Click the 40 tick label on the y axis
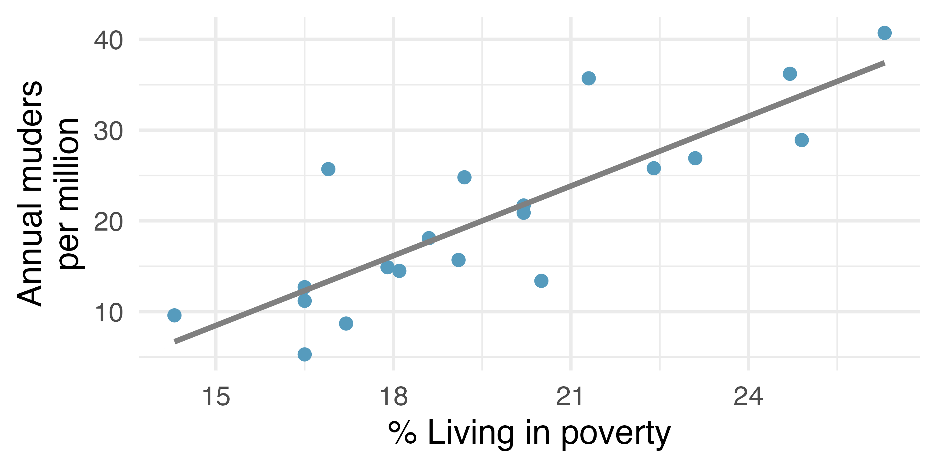tap(108, 40)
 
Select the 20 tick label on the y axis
tap(108, 222)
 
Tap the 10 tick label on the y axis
tap(108, 313)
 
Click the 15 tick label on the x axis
tap(216, 397)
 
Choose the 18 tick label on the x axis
tap(394, 397)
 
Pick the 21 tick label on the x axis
tap(570, 397)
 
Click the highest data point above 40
tap(885, 33)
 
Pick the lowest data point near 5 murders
tap(305, 354)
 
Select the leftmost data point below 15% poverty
tap(174, 315)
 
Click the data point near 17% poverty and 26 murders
tap(328, 169)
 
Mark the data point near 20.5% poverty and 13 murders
tap(541, 281)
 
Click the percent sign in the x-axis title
tap(402, 433)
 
